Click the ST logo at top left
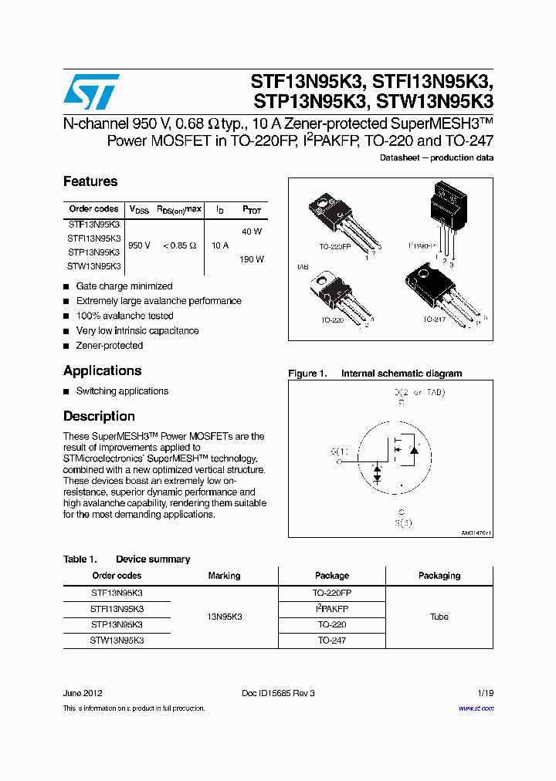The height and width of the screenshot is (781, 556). click(x=91, y=93)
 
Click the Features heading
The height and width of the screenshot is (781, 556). click(x=90, y=181)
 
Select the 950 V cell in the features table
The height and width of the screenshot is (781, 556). click(x=139, y=245)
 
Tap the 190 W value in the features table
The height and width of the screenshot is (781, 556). click(x=252, y=259)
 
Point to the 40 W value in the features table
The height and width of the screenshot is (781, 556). click(x=252, y=232)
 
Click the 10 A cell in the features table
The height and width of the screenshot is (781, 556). click(x=220, y=245)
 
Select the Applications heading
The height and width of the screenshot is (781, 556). click(x=102, y=370)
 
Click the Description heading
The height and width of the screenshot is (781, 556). click(x=99, y=416)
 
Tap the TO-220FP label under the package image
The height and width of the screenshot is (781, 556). click(x=335, y=248)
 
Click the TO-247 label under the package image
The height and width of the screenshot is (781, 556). click(x=434, y=319)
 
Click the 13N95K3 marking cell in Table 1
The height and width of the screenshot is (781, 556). click(x=224, y=617)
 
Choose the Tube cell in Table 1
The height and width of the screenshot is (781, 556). click(x=439, y=617)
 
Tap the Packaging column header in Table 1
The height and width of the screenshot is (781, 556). click(x=439, y=576)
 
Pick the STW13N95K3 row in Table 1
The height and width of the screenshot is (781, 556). click(x=117, y=641)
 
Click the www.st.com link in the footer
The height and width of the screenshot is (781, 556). click(x=476, y=708)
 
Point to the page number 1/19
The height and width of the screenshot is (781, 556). click(x=484, y=693)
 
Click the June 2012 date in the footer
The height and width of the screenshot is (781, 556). click(x=82, y=693)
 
